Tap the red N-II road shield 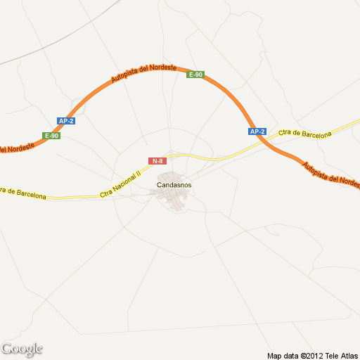157,161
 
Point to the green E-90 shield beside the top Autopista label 195,75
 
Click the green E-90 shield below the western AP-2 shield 51,135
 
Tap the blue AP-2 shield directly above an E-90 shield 66,121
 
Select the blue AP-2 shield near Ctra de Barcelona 257,131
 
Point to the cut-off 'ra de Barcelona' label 23,193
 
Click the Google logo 22,349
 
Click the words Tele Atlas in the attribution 342,355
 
